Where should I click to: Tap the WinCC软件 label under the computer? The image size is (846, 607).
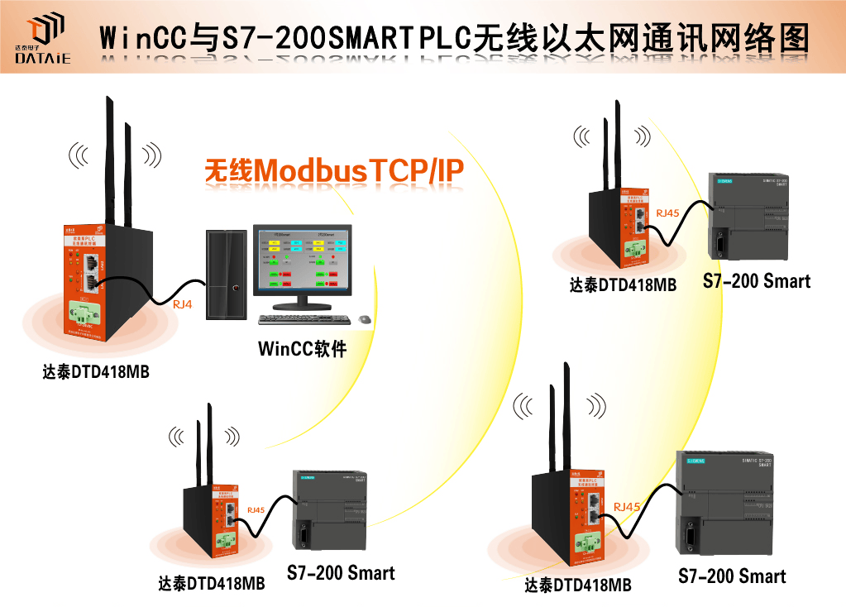coord(302,348)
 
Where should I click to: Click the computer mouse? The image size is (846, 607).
coord(365,319)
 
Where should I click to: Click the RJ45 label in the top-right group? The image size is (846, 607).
coord(667,213)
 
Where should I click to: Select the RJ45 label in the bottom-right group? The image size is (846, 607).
coord(626,506)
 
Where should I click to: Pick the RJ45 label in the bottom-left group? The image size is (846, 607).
coord(256,509)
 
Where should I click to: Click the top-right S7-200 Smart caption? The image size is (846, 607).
coord(757,281)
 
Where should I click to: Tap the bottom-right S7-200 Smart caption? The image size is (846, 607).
coord(732,576)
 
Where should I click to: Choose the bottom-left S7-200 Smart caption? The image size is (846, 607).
coord(341,572)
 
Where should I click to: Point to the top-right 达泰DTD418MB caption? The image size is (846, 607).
coord(623,285)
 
